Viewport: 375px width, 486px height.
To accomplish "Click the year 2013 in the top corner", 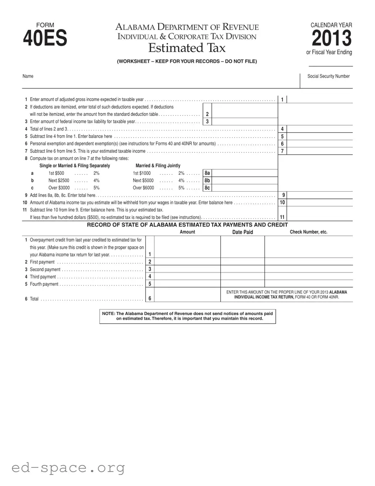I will (331, 39).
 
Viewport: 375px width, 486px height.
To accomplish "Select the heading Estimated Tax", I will (187, 48).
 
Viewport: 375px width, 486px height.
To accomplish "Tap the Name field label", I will (28, 76).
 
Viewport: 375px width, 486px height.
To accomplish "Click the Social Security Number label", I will (328, 76).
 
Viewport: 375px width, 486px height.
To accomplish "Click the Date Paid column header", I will (243, 232).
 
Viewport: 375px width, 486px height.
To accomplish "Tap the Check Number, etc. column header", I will (308, 232).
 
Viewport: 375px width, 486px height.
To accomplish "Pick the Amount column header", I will (187, 232).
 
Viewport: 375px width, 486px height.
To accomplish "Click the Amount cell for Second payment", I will (187, 269).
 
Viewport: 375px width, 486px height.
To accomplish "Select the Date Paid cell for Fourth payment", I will (243, 284).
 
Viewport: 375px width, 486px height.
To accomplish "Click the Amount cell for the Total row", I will (187, 295).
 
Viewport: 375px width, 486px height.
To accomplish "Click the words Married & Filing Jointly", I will (158, 166).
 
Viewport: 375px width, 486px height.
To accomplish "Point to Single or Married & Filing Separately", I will (74, 166).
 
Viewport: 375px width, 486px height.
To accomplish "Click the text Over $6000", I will (143, 188).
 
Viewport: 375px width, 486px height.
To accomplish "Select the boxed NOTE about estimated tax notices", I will (187, 316).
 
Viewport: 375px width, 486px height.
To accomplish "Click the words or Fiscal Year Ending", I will (329, 53).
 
